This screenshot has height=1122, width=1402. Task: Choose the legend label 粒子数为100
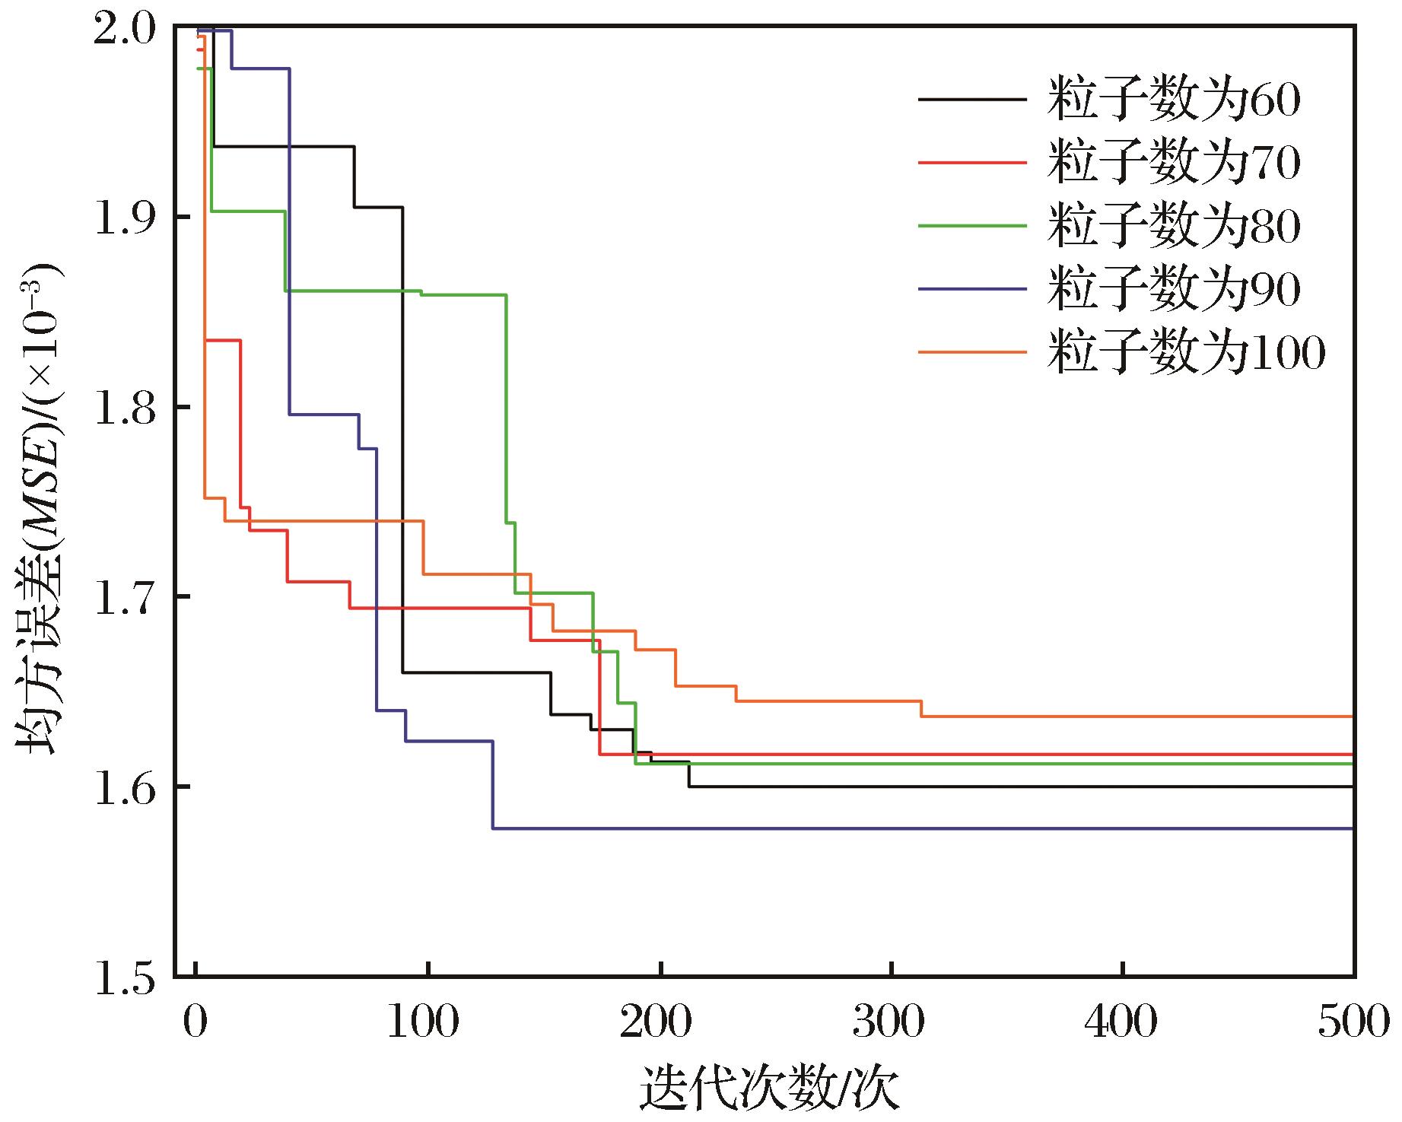(x=1186, y=352)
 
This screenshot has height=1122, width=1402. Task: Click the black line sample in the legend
(x=971, y=100)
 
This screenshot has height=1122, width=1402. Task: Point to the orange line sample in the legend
(x=971, y=351)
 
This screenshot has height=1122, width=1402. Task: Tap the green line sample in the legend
(x=971, y=225)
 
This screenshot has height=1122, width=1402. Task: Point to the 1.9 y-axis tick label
(x=126, y=218)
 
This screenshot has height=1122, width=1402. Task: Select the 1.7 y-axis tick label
(x=126, y=596)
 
